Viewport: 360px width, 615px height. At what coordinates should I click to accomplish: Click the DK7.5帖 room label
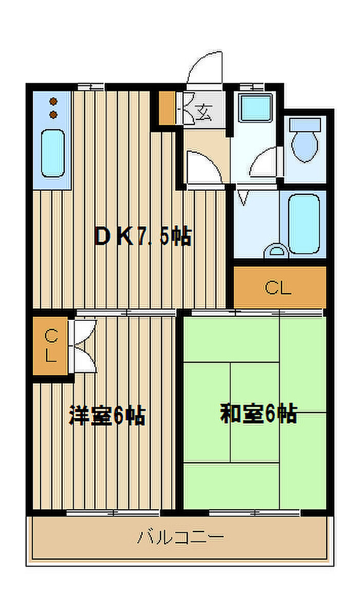(x=142, y=237)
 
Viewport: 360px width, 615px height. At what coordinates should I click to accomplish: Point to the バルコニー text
(x=181, y=538)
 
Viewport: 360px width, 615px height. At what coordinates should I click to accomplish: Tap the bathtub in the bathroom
(x=304, y=223)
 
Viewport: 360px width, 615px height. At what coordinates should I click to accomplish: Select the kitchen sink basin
(x=52, y=152)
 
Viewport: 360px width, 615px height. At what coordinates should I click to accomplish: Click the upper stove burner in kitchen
(x=53, y=101)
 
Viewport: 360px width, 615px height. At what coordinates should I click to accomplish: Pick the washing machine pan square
(x=255, y=108)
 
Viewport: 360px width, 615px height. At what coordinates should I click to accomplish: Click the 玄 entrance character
(x=204, y=110)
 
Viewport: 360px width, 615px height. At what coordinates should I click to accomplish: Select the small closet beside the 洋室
(x=50, y=346)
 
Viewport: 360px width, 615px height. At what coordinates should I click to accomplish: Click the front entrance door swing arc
(x=206, y=69)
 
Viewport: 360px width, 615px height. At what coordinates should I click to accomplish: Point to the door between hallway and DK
(x=203, y=169)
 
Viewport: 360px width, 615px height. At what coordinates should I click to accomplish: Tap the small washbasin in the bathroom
(x=278, y=251)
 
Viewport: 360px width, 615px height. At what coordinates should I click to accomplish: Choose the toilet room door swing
(x=266, y=162)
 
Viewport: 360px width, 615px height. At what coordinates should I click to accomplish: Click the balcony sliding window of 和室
(x=255, y=512)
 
